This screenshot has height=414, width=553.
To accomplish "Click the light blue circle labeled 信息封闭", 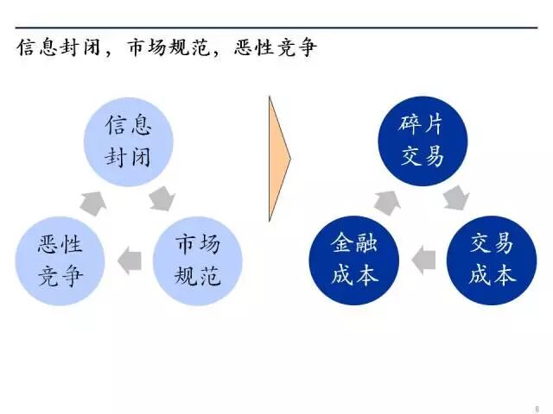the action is coord(129,141).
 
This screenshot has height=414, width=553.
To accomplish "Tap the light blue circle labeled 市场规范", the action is coord(198,260).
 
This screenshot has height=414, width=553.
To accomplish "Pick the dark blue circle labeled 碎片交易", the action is coord(423,141).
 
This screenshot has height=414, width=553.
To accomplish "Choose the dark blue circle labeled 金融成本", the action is coord(354,260).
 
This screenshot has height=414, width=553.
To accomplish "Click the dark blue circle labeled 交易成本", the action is coord(492,260).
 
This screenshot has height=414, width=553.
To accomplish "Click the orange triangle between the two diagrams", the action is coord(279,159).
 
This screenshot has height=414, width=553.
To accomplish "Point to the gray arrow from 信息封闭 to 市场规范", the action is coord(162,201).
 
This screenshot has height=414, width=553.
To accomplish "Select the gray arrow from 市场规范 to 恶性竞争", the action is coord(129,259).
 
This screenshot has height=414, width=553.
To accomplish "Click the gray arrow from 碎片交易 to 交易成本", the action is coord(455,201).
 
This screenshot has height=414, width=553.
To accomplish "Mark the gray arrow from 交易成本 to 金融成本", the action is coord(423,259).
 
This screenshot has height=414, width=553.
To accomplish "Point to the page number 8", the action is coord(537,408).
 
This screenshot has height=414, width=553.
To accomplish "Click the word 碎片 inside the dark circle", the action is coord(423,126).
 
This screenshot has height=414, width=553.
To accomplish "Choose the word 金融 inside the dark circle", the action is coord(354,244).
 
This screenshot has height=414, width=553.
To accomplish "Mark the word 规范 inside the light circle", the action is coord(198,275).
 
